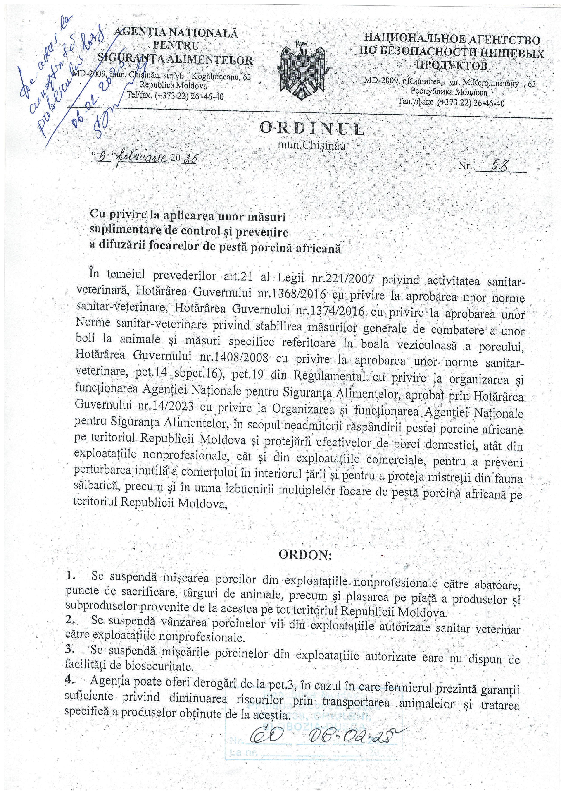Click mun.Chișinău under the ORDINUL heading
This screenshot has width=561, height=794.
pos(312,146)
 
